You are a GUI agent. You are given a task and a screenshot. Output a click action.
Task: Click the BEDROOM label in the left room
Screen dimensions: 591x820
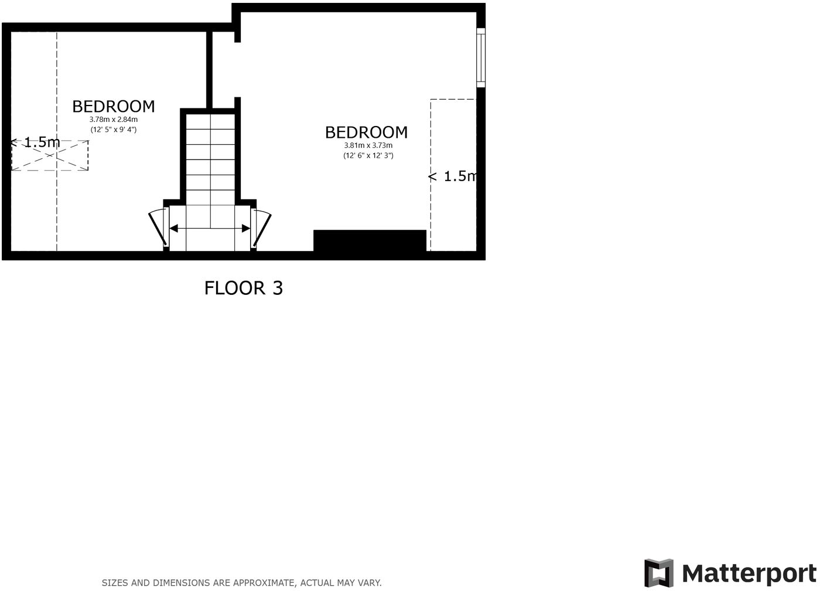click(x=114, y=106)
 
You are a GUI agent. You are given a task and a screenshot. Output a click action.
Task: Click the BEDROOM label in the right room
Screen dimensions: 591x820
click(x=366, y=132)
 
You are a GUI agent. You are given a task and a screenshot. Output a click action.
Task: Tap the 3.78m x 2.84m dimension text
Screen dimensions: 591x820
click(x=114, y=120)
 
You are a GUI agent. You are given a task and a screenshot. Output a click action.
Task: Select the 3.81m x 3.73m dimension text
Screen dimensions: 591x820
click(x=368, y=145)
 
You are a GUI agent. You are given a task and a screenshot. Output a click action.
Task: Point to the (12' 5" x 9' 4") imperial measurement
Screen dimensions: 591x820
click(x=114, y=130)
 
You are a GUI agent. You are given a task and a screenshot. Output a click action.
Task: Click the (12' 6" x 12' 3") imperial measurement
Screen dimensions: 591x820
click(x=368, y=155)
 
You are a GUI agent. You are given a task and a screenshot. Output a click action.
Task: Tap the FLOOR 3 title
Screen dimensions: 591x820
click(x=244, y=288)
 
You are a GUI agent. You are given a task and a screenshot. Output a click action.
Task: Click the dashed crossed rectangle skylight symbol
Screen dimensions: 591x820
click(x=50, y=156)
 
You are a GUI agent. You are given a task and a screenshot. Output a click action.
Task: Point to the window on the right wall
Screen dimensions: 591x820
click(x=480, y=57)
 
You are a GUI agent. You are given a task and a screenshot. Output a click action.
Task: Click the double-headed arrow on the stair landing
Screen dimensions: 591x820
click(x=210, y=227)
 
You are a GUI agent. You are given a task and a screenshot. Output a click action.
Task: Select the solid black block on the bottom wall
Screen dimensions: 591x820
click(x=370, y=241)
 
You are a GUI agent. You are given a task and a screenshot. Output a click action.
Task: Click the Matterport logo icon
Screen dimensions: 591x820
click(x=658, y=573)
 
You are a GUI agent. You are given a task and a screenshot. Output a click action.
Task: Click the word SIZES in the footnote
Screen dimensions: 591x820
click(x=115, y=583)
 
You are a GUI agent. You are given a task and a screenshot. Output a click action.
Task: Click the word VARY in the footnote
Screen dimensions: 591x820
click(x=369, y=583)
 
